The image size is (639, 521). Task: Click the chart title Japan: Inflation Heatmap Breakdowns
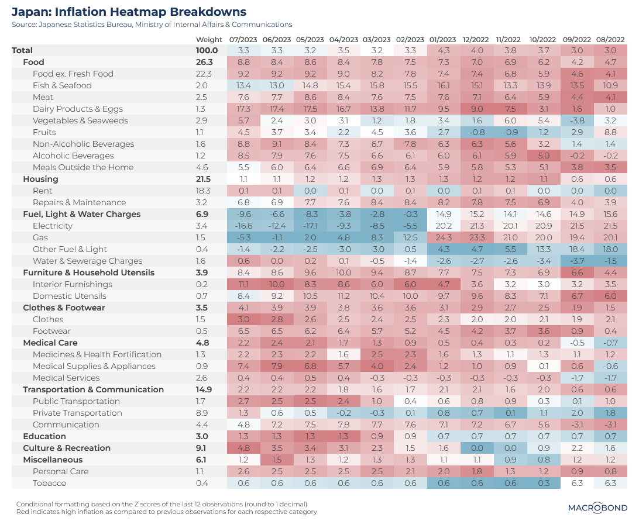point(129,12)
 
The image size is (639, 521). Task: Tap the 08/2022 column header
point(610,39)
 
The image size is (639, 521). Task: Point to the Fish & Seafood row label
point(62,85)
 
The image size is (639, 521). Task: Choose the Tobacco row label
point(49,483)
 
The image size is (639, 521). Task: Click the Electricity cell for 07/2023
point(244,226)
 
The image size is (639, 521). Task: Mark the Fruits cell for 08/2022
point(610,132)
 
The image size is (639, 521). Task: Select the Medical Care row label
point(50,343)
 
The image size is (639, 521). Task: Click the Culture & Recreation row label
point(67,448)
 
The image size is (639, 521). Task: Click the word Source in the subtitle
point(23,25)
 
